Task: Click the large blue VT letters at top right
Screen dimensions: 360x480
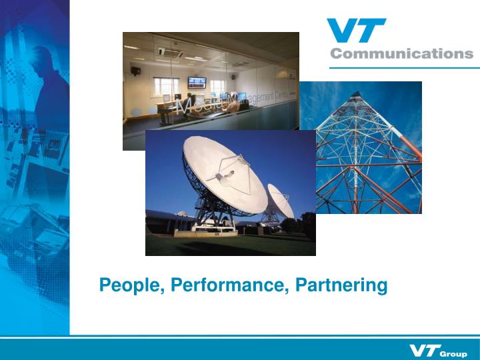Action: (x=356, y=31)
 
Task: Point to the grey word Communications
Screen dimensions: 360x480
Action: (x=401, y=54)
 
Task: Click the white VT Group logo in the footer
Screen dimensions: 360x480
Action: (x=438, y=351)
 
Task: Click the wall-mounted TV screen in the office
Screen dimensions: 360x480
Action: (x=197, y=83)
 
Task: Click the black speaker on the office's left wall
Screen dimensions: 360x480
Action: (x=136, y=69)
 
